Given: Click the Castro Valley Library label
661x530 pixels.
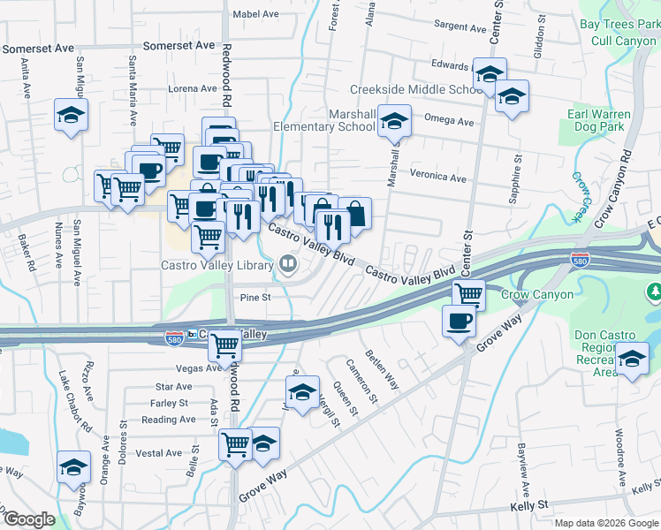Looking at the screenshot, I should coord(217,263).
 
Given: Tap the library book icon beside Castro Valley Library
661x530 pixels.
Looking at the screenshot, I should coord(287,263).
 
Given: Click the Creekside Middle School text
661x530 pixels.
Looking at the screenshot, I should coord(415,89).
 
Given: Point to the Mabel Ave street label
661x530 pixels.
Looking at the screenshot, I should coord(255,14).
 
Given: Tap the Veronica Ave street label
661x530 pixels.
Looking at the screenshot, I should coord(438,178).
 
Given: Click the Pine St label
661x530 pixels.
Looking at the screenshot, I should coord(255,298).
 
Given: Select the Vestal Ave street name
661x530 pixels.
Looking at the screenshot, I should coord(159,453).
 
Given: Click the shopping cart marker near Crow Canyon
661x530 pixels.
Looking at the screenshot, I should coord(469,294).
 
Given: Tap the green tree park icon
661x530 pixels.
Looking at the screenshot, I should coord(654,290).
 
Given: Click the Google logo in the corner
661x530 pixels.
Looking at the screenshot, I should coord(29,519).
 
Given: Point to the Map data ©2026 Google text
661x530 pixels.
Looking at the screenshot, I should coord(606,523).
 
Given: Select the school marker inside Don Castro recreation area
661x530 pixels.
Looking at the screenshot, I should coord(631,360).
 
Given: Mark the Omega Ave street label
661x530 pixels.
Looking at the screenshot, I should coord(449,121).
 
